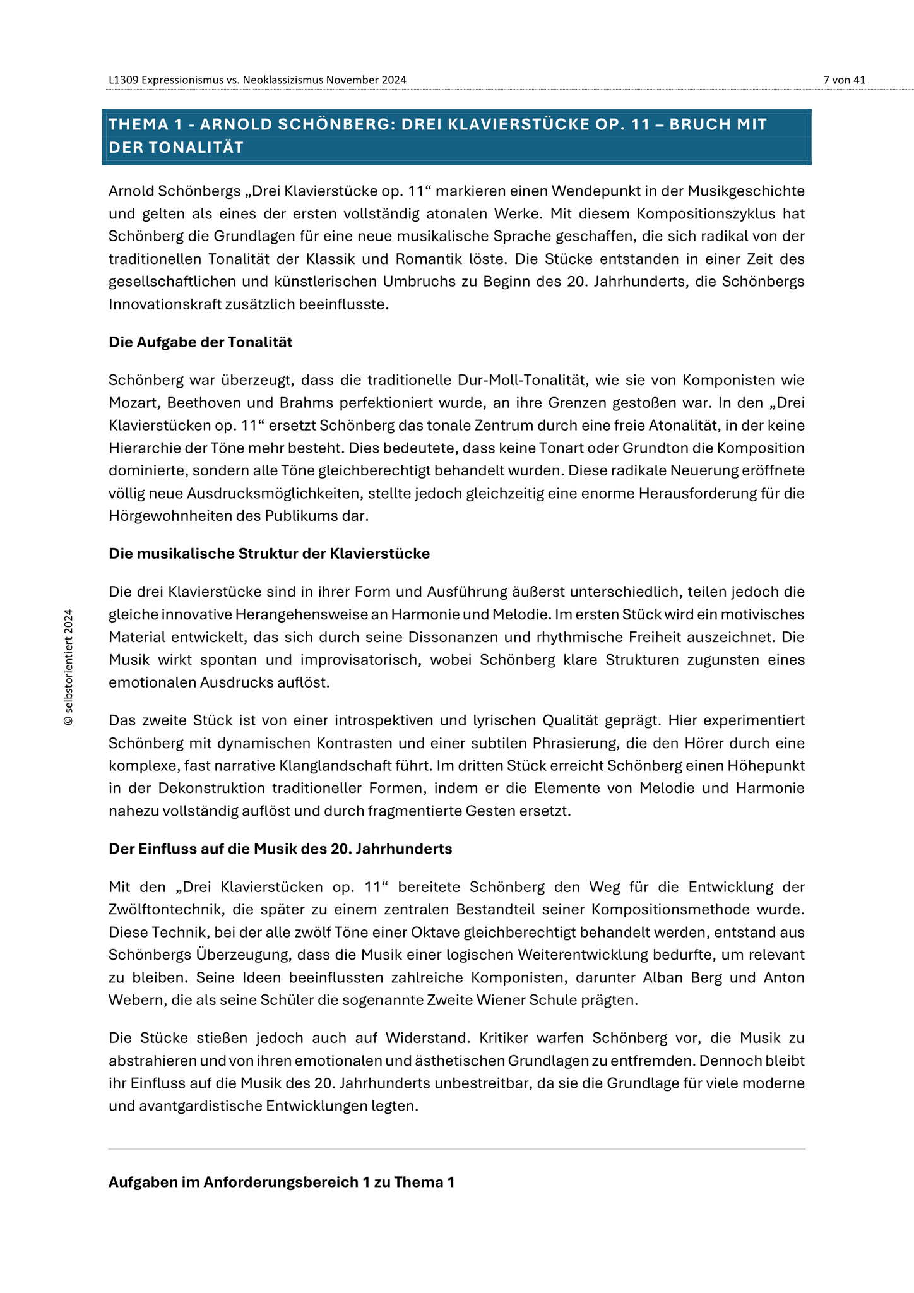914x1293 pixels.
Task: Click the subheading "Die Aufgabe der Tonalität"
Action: [200, 342]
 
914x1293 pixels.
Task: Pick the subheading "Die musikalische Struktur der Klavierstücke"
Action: [269, 554]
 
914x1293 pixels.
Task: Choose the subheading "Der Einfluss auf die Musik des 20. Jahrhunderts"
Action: [280, 849]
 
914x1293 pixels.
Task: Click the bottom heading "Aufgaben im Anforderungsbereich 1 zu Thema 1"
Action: [282, 1182]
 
